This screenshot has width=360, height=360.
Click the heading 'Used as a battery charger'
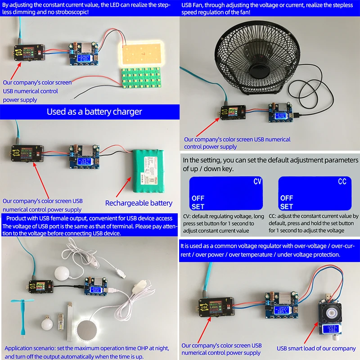pos(94,112)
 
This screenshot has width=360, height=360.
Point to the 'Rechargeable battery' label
pos(139,203)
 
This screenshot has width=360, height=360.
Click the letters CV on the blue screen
pos(257,182)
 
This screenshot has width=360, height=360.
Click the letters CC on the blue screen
pos(342,182)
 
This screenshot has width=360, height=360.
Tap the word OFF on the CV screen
pos(198,198)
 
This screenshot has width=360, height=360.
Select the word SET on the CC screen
pos(287,207)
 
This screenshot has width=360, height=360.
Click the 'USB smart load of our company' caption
pos(316,348)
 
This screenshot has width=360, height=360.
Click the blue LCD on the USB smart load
pos(333,329)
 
